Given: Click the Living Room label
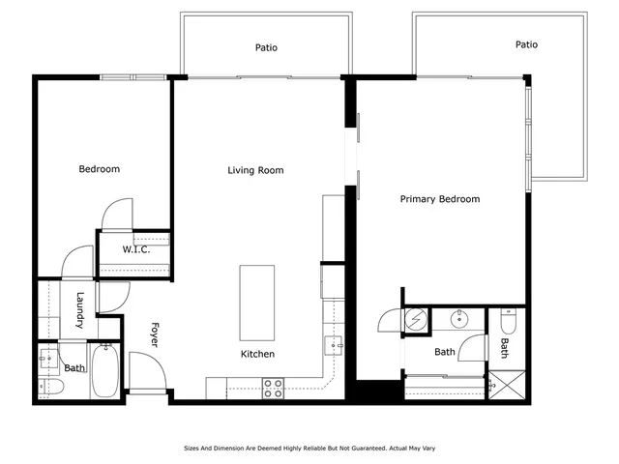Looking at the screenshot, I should click(255, 171).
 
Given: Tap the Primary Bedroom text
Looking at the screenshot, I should click(440, 199).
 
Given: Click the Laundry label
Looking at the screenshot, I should click(81, 310).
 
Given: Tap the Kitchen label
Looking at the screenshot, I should click(257, 355).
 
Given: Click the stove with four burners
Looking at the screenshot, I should click(274, 388).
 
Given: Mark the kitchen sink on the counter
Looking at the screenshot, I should click(332, 343).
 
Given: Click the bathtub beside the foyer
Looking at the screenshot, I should click(105, 371).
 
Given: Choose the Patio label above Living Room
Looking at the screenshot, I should click(267, 47).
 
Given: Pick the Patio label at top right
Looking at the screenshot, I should click(526, 44).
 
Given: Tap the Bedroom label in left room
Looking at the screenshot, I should click(99, 170).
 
